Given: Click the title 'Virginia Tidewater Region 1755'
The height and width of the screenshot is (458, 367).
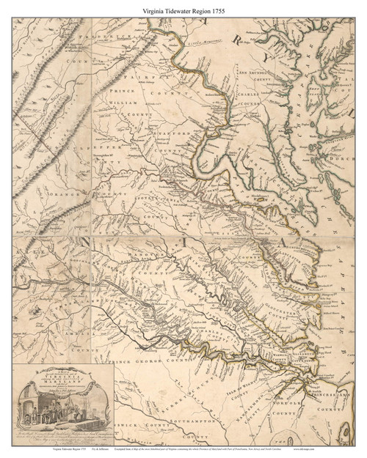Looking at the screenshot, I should tap(183, 10).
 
